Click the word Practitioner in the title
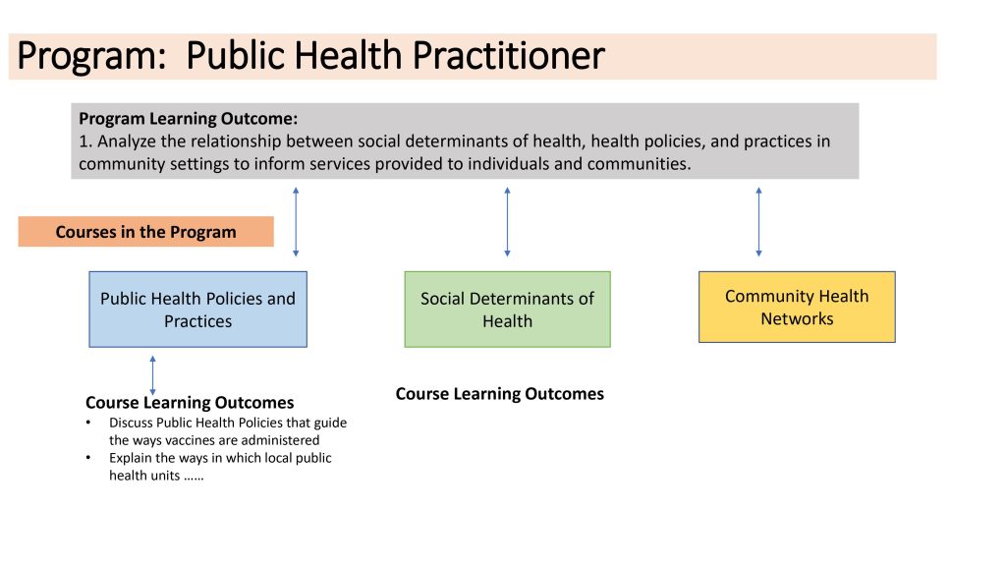[508, 55]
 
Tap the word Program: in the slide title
[91, 56]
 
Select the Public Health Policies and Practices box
[197, 310]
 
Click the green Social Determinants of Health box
[507, 310]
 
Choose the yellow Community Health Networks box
[797, 307]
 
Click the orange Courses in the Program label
[145, 232]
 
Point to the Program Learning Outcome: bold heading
[188, 119]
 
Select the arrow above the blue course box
[296, 222]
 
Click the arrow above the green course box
[508, 222]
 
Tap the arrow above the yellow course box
[759, 222]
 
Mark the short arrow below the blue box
[152, 375]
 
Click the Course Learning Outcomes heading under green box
[500, 393]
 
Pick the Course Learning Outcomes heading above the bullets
[190, 402]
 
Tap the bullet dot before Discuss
[88, 423]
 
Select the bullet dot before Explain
[88, 458]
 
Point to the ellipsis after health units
[194, 478]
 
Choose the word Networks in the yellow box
[797, 319]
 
